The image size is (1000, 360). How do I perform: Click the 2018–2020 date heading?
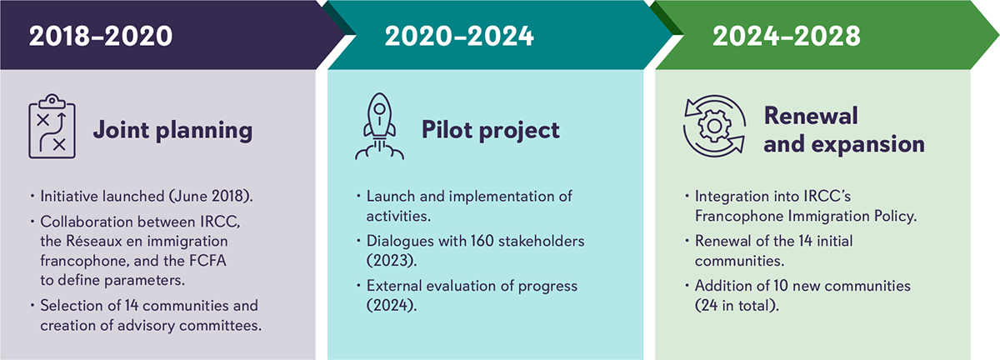(101, 36)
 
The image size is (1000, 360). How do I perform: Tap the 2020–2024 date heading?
(459, 36)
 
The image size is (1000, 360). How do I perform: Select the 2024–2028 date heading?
(786, 36)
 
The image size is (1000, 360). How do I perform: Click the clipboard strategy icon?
(52, 127)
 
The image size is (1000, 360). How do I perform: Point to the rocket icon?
(379, 127)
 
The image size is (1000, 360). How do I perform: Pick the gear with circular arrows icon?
(714, 126)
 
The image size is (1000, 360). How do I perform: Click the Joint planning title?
(172, 131)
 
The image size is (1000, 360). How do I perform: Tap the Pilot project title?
(490, 131)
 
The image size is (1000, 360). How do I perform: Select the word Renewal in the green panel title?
(811, 116)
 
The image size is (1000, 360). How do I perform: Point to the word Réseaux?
(94, 241)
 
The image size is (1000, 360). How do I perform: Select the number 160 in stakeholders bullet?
(482, 241)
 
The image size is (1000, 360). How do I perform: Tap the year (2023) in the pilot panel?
(392, 261)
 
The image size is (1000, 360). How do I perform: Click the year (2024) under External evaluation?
(392, 306)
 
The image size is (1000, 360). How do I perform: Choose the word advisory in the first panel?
(146, 326)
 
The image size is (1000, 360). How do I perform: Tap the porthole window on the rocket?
(379, 108)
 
